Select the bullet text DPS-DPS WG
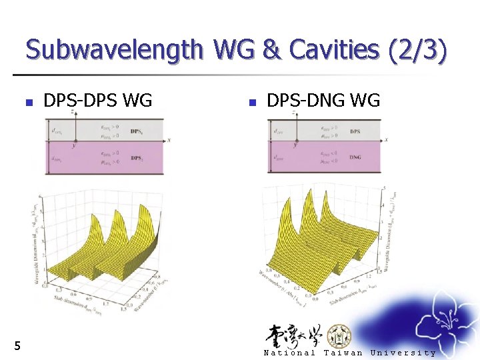[97, 101]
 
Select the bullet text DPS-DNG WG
[323, 101]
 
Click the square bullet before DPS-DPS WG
[28, 103]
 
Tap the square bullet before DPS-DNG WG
[251, 103]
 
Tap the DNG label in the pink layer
[355, 158]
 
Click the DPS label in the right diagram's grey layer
[355, 131]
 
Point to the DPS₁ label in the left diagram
[136, 131]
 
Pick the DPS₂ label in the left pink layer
[136, 158]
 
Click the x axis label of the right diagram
[386, 139]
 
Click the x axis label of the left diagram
[170, 139]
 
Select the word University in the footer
[403, 353]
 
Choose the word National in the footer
[289, 353]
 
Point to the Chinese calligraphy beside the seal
[293, 335]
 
